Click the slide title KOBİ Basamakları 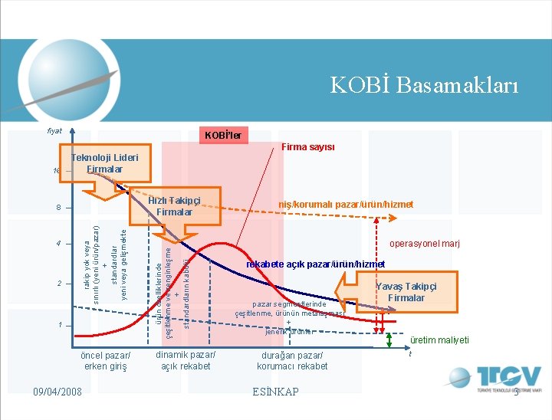pyautogui.click(x=424, y=84)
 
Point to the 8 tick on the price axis pyautogui.click(x=58, y=208)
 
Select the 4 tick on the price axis pyautogui.click(x=58, y=244)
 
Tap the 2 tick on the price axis pyautogui.click(x=58, y=284)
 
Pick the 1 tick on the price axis pyautogui.click(x=58, y=326)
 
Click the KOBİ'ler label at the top pyautogui.click(x=223, y=136)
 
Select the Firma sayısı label pyautogui.click(x=308, y=147)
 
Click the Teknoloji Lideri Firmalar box pyautogui.click(x=105, y=163)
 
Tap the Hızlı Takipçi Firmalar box pyautogui.click(x=174, y=205)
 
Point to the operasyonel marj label pyautogui.click(x=425, y=244)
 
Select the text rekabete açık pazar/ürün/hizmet pyautogui.click(x=315, y=264)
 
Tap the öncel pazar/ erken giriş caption pyautogui.click(x=106, y=360)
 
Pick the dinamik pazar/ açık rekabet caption pyautogui.click(x=186, y=359)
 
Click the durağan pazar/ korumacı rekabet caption pyautogui.click(x=292, y=360)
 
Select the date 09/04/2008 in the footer pyautogui.click(x=58, y=392)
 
